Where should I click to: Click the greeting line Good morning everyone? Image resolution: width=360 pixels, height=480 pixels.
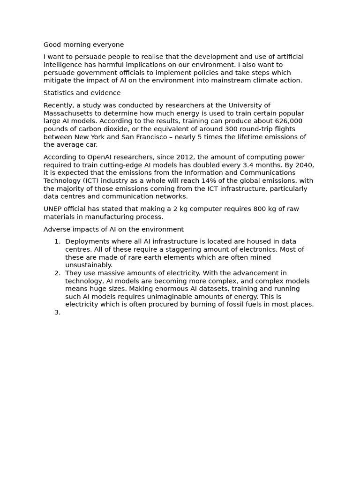click(x=83, y=45)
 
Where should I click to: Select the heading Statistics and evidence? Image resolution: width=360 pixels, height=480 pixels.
click(x=82, y=93)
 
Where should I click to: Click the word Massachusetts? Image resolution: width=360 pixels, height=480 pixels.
click(x=69, y=113)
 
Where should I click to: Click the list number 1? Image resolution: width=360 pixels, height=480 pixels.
click(x=57, y=242)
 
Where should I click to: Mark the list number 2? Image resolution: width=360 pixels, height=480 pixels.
click(x=57, y=273)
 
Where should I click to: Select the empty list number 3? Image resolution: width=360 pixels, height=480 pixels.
click(x=57, y=313)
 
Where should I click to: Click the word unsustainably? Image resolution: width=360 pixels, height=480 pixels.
click(x=89, y=265)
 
